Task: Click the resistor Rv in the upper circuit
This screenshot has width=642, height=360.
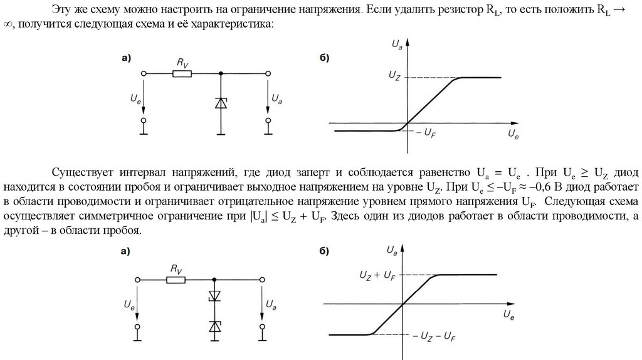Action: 182,73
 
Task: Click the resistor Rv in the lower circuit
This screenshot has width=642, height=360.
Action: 176,280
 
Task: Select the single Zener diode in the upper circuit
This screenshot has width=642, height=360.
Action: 220,103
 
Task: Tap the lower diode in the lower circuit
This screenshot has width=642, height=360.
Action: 215,326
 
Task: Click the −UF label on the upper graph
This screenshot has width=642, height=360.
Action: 426,134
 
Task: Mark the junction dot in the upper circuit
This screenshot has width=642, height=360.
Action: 220,73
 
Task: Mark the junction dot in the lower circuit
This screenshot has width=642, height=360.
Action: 215,280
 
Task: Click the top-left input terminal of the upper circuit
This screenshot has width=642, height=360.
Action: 144,73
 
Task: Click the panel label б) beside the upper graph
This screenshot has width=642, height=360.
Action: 325,58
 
